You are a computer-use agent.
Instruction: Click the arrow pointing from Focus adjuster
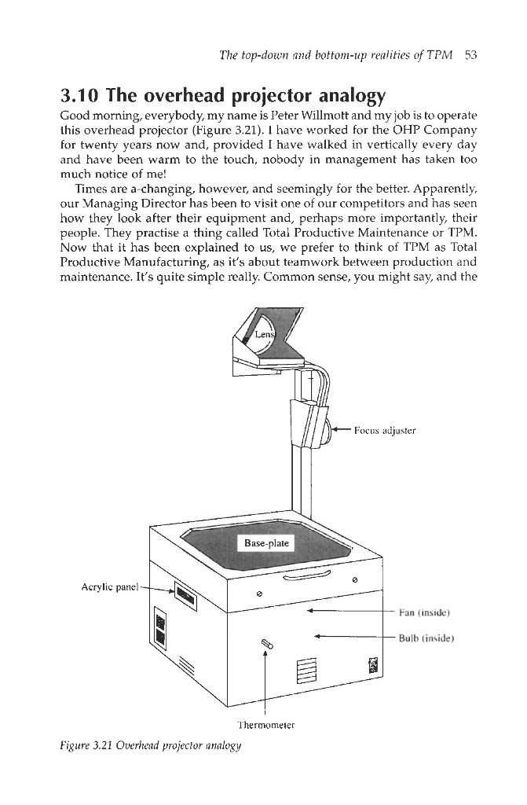[x=339, y=430]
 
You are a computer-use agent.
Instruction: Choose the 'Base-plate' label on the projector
[x=266, y=542]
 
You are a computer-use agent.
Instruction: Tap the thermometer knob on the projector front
[x=267, y=645]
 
